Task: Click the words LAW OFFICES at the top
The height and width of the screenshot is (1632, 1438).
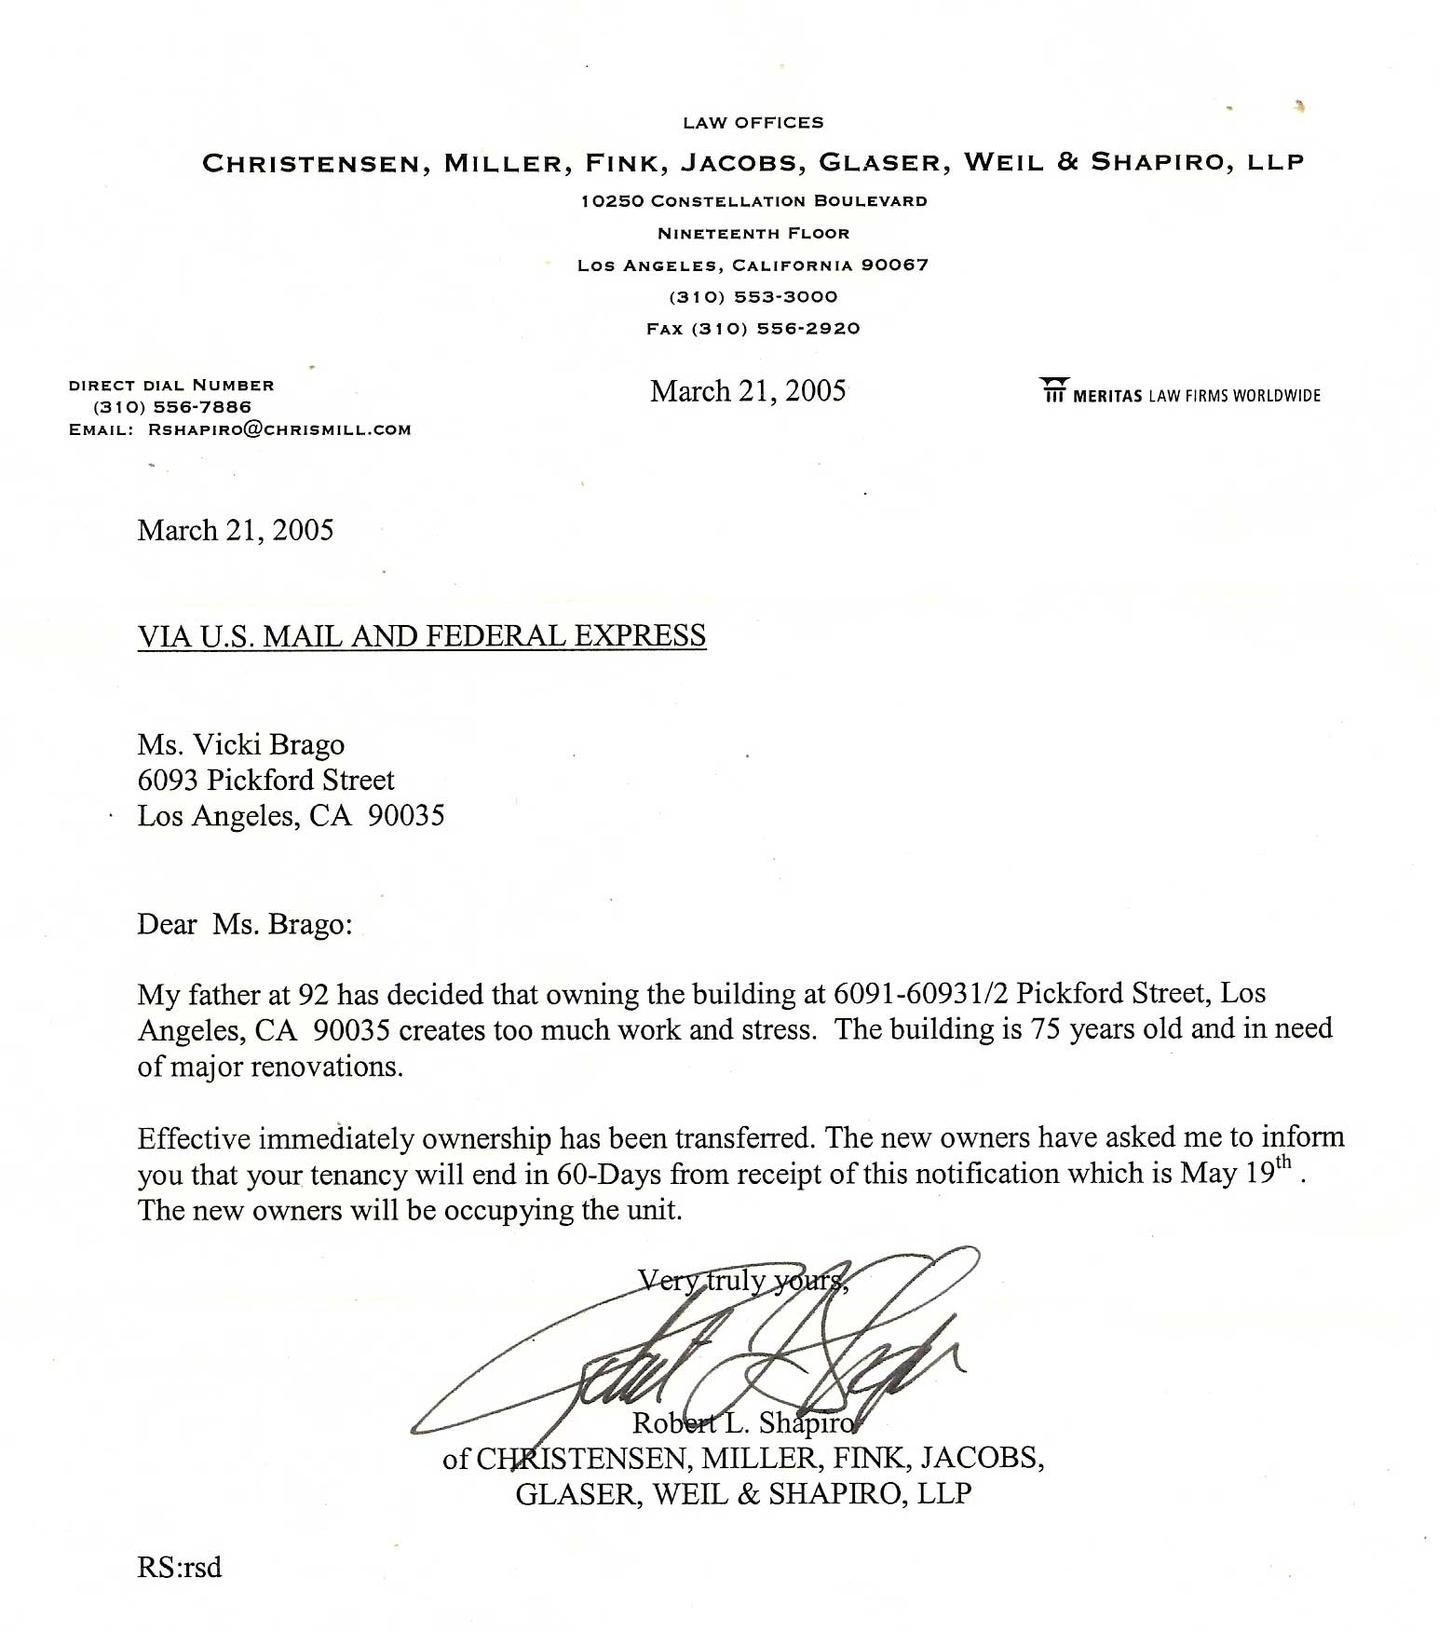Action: [753, 123]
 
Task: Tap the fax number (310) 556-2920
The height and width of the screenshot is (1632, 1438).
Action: [775, 329]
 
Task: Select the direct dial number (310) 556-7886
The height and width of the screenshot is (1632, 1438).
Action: [172, 407]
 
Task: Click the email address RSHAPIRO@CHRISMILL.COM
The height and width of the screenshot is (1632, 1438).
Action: [279, 429]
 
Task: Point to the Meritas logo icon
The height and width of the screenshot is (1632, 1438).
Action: [1052, 391]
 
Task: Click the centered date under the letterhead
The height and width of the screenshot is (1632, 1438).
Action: [748, 391]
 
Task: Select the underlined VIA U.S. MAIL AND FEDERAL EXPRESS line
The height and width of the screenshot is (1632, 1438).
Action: [422, 636]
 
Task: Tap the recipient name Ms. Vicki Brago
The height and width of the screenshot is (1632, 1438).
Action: [241, 745]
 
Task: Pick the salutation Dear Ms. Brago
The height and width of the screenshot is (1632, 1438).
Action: [245, 924]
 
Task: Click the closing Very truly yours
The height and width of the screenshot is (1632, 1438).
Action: [742, 1281]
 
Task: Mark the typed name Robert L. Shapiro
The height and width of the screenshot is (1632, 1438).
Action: [742, 1423]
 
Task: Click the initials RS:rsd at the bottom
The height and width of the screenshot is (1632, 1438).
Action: [180, 1568]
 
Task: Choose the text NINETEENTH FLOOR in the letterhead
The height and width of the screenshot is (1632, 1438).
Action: [753, 233]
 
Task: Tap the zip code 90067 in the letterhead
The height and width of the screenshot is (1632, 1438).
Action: [894, 265]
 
